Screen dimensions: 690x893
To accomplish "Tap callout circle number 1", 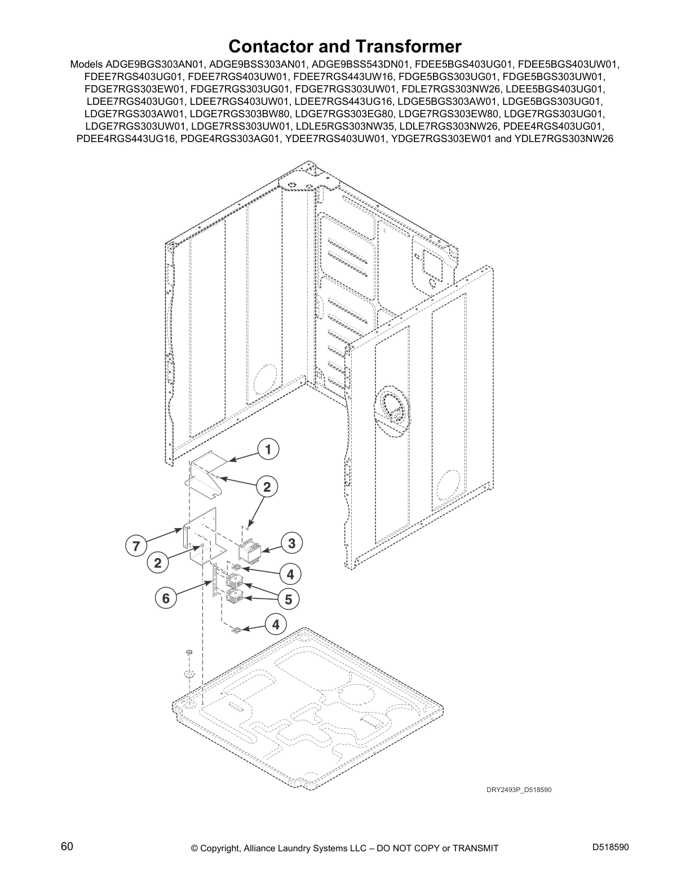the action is tap(268, 449).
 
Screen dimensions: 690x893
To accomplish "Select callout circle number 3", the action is tap(292, 543).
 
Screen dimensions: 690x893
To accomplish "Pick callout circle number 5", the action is tap(289, 600).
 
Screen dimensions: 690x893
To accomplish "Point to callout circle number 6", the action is tap(166, 598).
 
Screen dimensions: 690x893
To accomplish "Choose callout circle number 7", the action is tap(136, 546).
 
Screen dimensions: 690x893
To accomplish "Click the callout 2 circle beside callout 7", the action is tap(158, 563).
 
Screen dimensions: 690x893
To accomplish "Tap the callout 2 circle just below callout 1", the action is tap(267, 487).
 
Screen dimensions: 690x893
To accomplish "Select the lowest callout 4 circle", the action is tap(276, 625).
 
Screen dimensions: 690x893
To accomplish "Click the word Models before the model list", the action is tap(86, 64).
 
